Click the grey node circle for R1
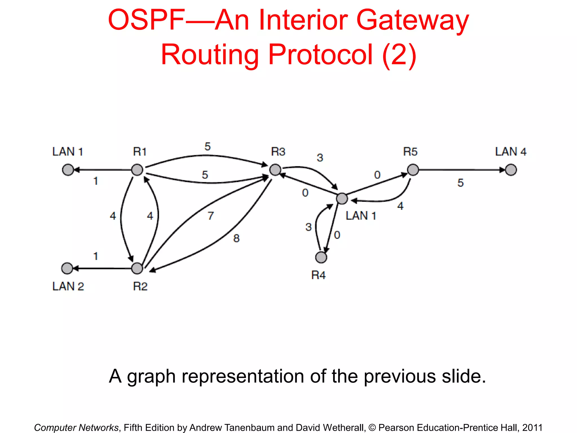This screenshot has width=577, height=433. pos(137,170)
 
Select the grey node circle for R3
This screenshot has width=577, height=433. pos(275,170)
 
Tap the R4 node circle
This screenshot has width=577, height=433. pos(321,257)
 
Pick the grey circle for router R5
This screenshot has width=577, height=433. pos(413,170)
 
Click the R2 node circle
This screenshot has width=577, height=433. pos(137,268)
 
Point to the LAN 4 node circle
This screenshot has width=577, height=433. pos(511,170)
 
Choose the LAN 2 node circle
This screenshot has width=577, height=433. pos(67,268)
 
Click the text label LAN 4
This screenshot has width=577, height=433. pos(511,152)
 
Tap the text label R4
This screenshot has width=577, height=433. pos(318,275)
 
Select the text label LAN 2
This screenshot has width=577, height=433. pos(68,286)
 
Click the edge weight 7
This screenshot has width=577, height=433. pos(211,216)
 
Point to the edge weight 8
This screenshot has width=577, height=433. pos(236,238)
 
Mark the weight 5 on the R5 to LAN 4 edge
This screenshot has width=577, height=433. pos(460,183)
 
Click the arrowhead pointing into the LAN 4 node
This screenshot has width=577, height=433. pos(502,170)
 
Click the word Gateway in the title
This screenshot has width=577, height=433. pos(412,20)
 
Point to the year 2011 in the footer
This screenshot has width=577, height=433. pos(532,427)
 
